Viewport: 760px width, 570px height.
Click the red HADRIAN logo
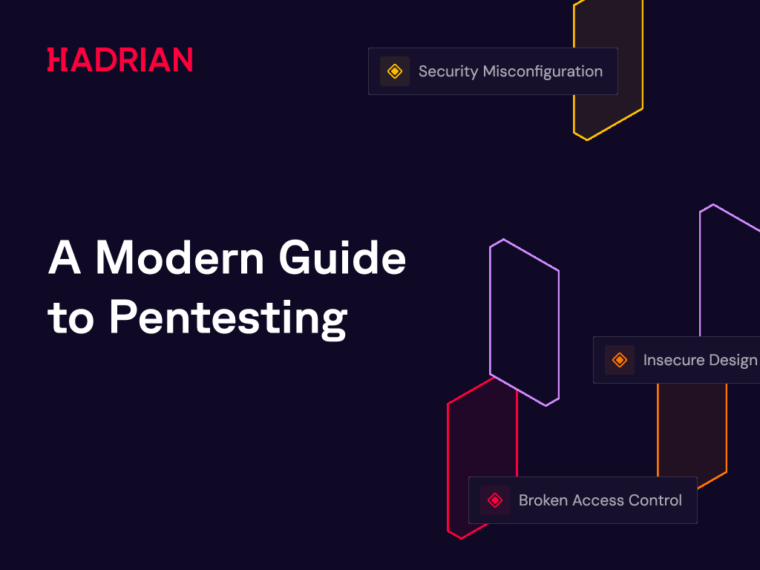[x=119, y=59]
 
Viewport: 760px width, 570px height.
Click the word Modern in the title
[x=180, y=258]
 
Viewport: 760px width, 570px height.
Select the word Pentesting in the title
[x=229, y=318]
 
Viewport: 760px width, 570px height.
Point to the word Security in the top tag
[x=448, y=72]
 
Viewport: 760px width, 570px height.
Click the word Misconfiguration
[x=543, y=72]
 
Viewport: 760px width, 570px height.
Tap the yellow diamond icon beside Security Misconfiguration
[x=395, y=71]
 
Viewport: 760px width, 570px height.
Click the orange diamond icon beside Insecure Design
[x=620, y=360]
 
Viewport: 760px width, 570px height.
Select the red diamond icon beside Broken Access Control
[x=495, y=499]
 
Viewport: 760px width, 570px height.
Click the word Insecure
[x=672, y=360]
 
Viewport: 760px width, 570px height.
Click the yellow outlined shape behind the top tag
[x=642, y=53]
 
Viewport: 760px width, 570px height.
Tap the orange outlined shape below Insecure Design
[x=726, y=427]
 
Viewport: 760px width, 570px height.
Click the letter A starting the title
[x=65, y=258]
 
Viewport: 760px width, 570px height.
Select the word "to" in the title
[x=71, y=318]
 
